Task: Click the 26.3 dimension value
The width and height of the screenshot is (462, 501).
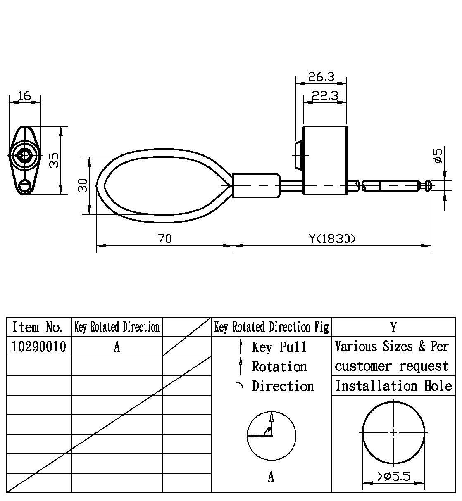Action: [x=321, y=77]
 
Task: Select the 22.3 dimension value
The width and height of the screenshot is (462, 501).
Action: [x=324, y=96]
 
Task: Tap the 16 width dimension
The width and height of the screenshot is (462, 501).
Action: [x=24, y=96]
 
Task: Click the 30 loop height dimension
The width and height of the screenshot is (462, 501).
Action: [x=83, y=185]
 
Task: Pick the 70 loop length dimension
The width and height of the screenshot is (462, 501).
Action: [x=164, y=239]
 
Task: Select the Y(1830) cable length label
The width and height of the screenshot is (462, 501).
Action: [x=332, y=239]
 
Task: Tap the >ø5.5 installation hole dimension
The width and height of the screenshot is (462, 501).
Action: [x=393, y=477]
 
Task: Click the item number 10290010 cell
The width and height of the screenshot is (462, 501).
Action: [x=39, y=347]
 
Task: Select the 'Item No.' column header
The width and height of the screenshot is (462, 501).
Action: [x=38, y=327]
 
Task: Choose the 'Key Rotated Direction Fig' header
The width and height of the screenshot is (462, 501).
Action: [x=271, y=327]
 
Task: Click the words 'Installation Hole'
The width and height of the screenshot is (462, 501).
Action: [x=393, y=386]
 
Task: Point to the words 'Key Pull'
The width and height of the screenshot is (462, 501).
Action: [x=279, y=347]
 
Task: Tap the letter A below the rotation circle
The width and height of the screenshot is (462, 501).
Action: [x=271, y=477]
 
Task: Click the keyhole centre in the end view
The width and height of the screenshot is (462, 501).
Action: [x=24, y=156]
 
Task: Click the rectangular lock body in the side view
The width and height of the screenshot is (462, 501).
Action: [x=325, y=160]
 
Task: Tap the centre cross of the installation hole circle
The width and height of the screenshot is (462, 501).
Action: [x=394, y=432]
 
